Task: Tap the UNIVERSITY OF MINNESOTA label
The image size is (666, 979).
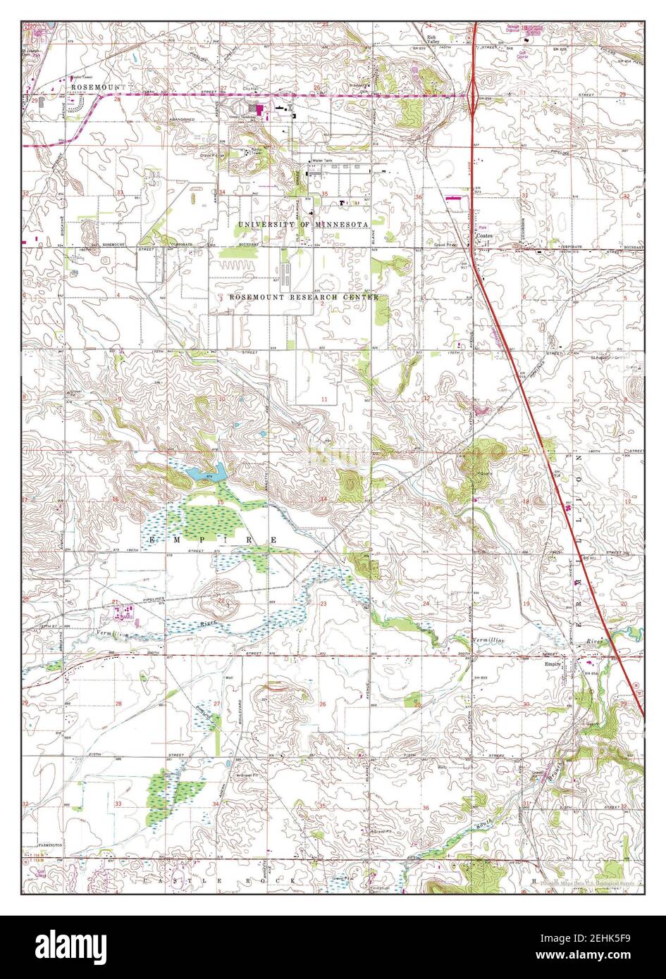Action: [x=303, y=224]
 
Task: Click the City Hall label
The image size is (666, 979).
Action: [x=249, y=88]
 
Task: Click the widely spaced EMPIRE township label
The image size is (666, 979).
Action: [x=213, y=540]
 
